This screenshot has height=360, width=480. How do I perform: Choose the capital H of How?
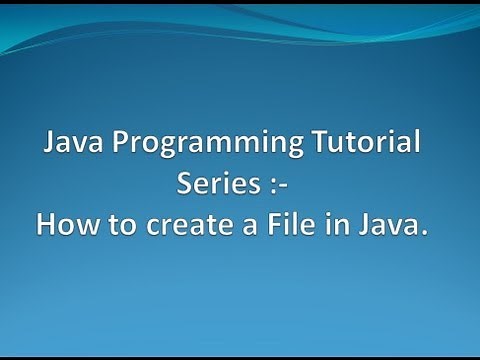[x=46, y=227]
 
